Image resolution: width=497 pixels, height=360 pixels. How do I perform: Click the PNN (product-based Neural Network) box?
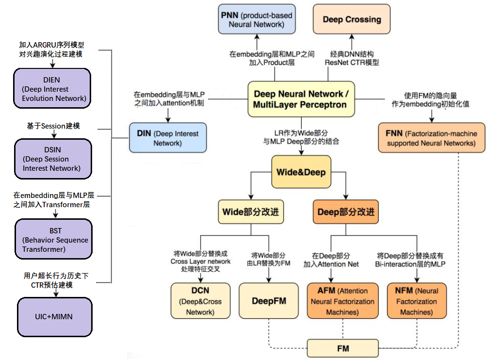257,19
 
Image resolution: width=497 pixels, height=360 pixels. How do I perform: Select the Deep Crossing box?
352,19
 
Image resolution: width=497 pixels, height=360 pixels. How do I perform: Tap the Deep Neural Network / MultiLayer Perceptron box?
301,99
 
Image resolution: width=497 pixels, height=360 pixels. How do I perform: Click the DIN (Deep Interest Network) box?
168,138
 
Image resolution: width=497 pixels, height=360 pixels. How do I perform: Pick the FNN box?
432,138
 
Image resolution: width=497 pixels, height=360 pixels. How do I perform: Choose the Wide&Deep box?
301,172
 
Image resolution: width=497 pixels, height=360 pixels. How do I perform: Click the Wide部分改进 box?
251,212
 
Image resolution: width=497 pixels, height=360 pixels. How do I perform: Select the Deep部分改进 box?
346,212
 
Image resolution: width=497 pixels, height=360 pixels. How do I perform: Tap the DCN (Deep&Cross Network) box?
200,301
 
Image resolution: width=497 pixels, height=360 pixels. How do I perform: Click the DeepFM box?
269,301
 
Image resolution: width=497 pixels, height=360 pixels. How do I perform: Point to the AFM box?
343,301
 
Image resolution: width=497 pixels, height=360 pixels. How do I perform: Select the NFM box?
417,301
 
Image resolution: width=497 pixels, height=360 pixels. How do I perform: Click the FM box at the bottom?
343,348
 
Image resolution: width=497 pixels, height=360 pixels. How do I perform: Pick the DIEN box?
52,88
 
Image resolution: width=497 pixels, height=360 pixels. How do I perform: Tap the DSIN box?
53,159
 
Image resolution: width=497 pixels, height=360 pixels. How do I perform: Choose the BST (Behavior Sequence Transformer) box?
54,239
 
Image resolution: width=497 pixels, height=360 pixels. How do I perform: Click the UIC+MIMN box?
55,317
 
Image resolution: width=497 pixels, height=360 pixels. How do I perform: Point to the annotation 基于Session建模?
53,126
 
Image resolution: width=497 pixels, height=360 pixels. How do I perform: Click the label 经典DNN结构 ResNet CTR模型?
352,58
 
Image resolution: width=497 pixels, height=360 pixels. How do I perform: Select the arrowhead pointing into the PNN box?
257,36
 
